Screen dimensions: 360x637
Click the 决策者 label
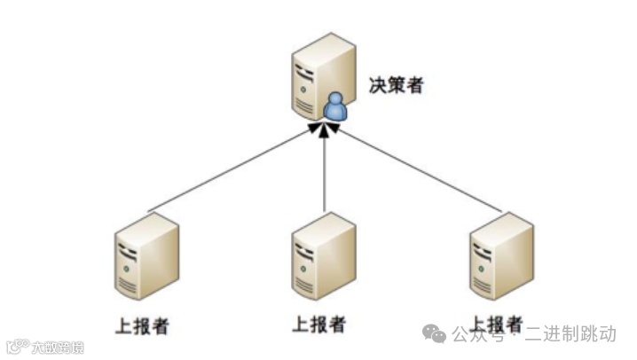click(x=396, y=87)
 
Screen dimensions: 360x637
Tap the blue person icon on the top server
click(x=334, y=108)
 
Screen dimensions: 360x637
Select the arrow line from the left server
click(x=231, y=170)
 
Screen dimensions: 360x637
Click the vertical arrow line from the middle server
click(x=325, y=173)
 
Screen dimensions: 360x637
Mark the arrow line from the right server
click(x=417, y=170)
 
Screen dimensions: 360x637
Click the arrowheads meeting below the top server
click(x=325, y=129)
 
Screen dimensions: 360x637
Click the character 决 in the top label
click(x=377, y=87)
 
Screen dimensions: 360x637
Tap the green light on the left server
click(x=130, y=266)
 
